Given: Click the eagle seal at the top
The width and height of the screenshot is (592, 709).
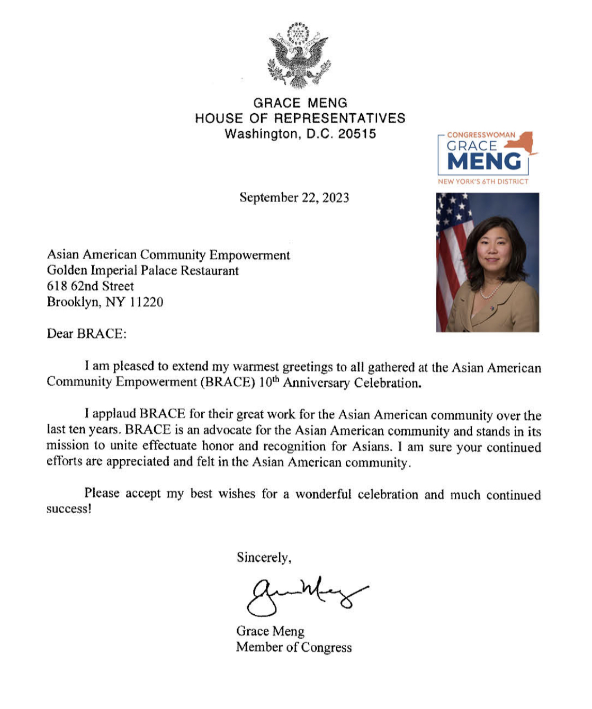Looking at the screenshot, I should (x=299, y=56).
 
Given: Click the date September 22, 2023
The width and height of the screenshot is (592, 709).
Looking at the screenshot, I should (x=294, y=198).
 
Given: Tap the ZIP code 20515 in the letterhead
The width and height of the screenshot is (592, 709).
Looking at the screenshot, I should (x=357, y=134).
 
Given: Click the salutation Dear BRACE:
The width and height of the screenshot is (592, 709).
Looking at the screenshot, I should (x=87, y=334).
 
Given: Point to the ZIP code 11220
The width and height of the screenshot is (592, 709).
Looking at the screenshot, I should (x=147, y=302).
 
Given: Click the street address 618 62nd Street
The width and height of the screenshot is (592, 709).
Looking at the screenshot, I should (x=91, y=286).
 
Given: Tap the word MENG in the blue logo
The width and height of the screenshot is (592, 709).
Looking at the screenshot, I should (x=484, y=162).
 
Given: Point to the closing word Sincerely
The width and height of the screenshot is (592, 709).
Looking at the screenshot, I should (x=263, y=558).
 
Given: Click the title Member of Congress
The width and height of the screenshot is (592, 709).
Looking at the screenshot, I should (x=294, y=647).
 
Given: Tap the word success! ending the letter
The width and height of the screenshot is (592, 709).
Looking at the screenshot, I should (x=69, y=509).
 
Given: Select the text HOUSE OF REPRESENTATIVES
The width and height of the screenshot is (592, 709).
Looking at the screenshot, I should (x=300, y=118).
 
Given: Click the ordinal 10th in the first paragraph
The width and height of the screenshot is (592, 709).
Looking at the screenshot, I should (x=268, y=382).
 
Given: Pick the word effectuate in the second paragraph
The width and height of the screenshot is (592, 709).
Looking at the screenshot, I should (x=169, y=446).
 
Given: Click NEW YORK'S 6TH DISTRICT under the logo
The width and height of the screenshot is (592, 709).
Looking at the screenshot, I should (x=483, y=181).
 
